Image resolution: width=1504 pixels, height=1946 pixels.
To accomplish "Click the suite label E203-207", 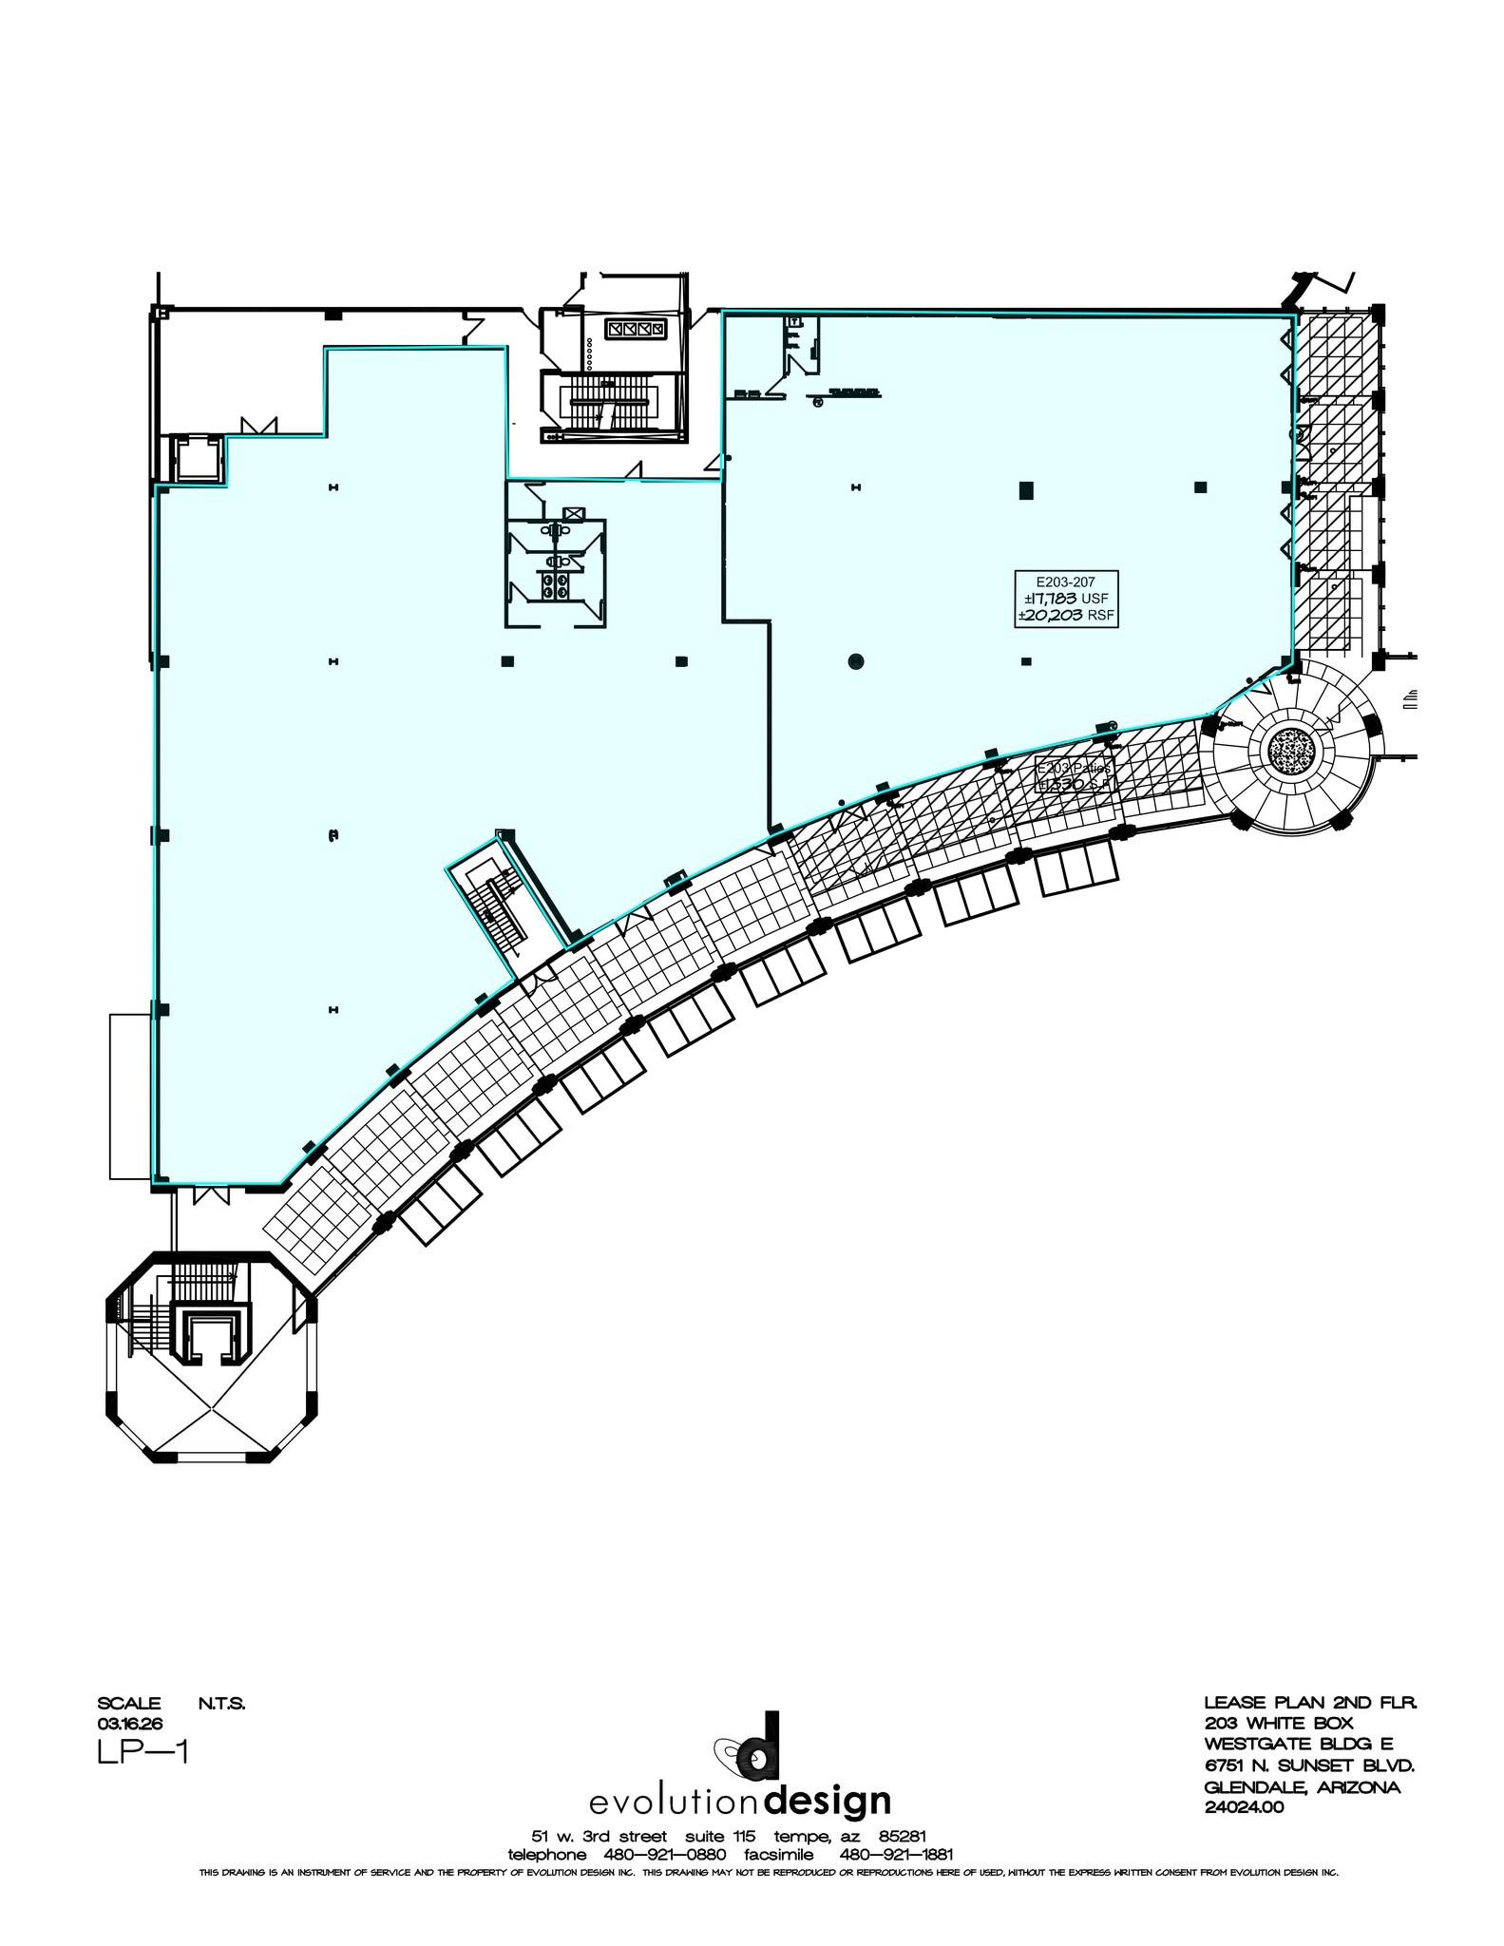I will click(x=1065, y=582).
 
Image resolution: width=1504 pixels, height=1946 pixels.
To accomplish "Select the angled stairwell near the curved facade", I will click(x=505, y=908).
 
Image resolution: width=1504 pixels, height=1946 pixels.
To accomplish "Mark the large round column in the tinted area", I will click(x=855, y=661).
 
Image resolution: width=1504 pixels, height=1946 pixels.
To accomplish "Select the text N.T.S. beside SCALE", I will click(x=221, y=1704).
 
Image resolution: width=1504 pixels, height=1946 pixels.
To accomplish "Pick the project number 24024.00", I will click(x=1244, y=1807).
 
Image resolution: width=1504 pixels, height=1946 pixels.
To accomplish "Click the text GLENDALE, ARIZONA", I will click(x=1302, y=1786).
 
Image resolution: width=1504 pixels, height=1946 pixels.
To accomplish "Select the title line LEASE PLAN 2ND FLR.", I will click(x=1310, y=1703).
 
